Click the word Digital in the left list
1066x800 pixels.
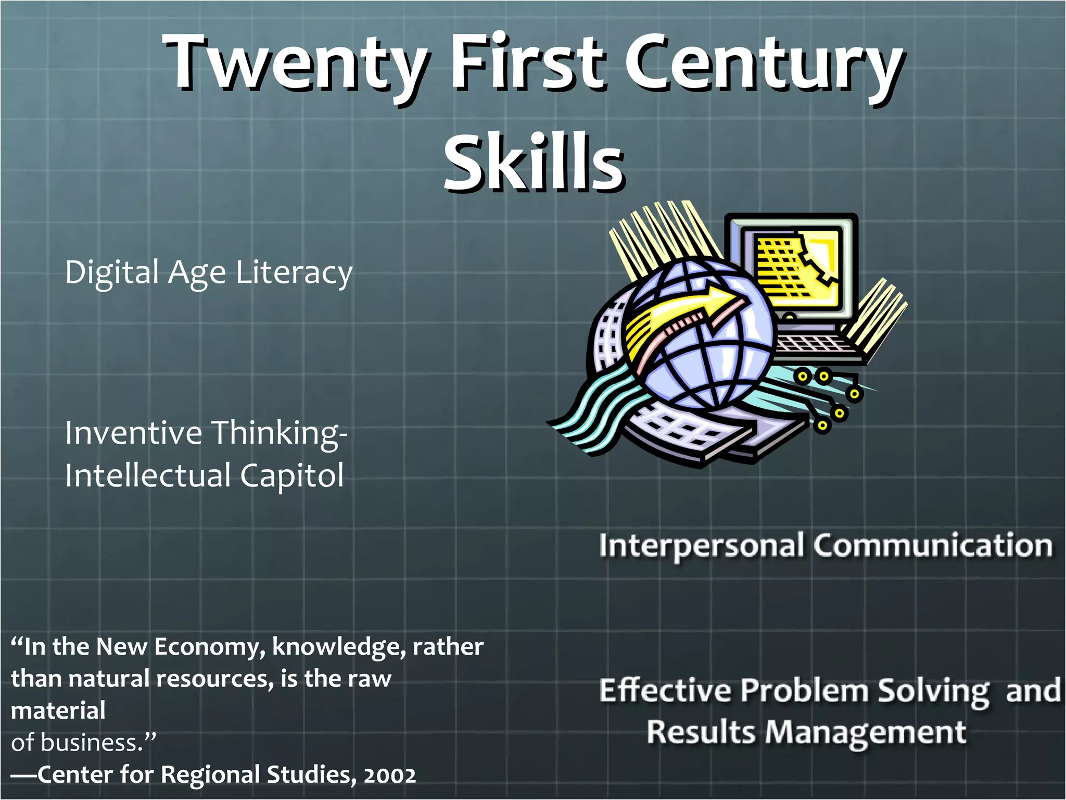112,272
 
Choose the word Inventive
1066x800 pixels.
133,433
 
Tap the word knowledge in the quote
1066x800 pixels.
338,647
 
